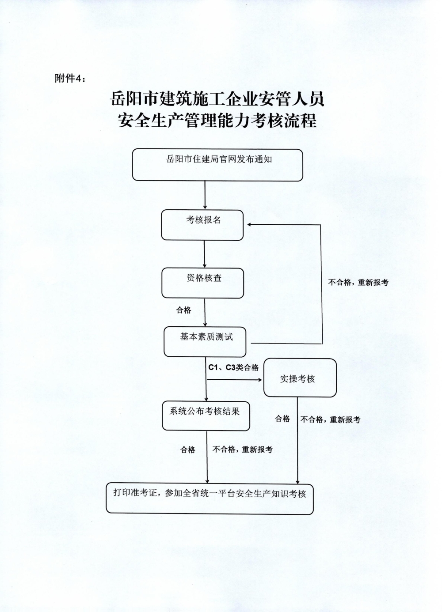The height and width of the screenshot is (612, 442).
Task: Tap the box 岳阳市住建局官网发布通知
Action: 217,165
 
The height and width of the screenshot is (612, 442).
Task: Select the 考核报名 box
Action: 202,225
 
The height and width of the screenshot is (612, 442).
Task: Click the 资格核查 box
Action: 203,283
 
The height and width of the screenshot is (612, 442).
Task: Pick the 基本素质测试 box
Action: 205,342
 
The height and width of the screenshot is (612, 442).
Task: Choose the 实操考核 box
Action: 300,378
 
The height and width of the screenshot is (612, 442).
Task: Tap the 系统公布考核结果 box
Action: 206,416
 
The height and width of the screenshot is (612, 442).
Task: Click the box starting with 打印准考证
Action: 210,499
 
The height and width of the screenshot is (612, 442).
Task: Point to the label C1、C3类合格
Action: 233,368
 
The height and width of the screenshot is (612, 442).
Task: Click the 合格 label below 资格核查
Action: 183,310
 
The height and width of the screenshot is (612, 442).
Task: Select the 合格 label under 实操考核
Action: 282,419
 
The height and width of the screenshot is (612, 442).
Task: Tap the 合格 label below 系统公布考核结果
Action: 188,450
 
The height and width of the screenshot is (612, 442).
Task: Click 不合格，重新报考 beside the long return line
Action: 358,283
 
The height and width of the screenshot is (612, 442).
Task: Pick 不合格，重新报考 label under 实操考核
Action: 331,419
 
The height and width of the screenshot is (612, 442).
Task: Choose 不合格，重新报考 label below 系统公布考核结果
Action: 243,450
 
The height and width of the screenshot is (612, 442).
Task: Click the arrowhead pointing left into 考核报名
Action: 249,225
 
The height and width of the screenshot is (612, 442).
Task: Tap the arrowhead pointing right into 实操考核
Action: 259,380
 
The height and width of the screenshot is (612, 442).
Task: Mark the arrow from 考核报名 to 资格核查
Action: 204,254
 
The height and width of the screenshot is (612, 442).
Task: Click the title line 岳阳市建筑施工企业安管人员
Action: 217,99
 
